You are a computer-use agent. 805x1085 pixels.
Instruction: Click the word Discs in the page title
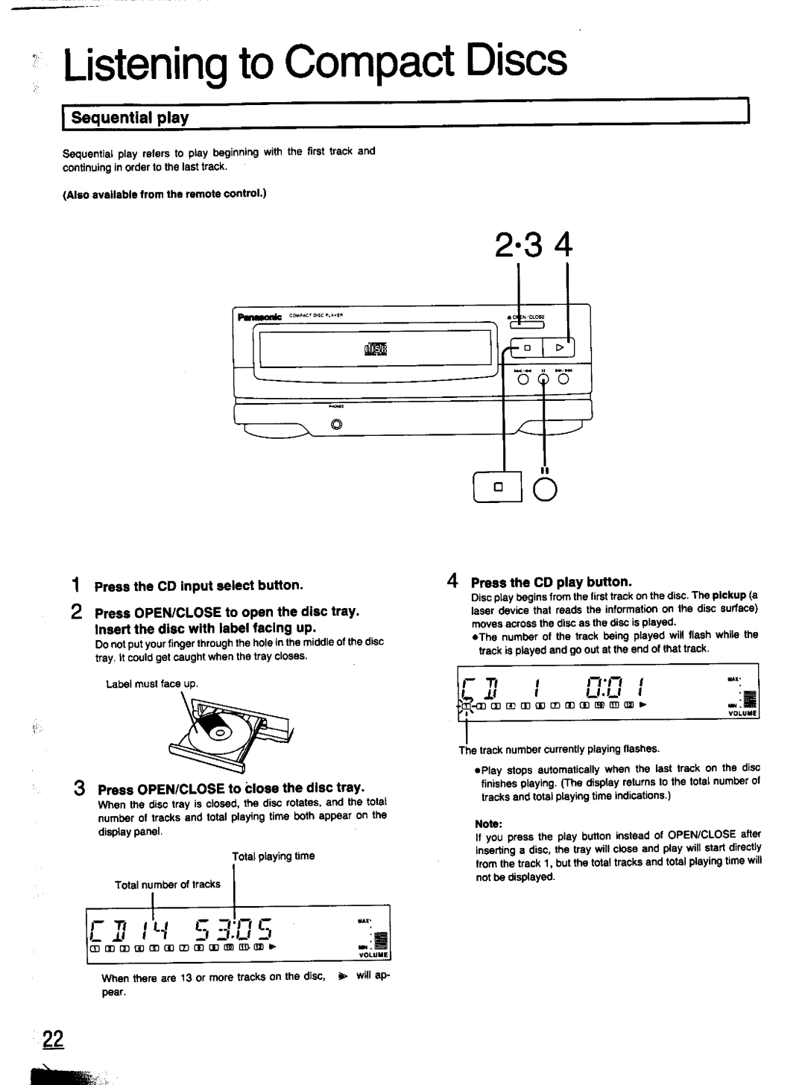515,62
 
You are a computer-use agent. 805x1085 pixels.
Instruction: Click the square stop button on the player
525,348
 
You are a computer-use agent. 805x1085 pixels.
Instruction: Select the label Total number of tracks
167,885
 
